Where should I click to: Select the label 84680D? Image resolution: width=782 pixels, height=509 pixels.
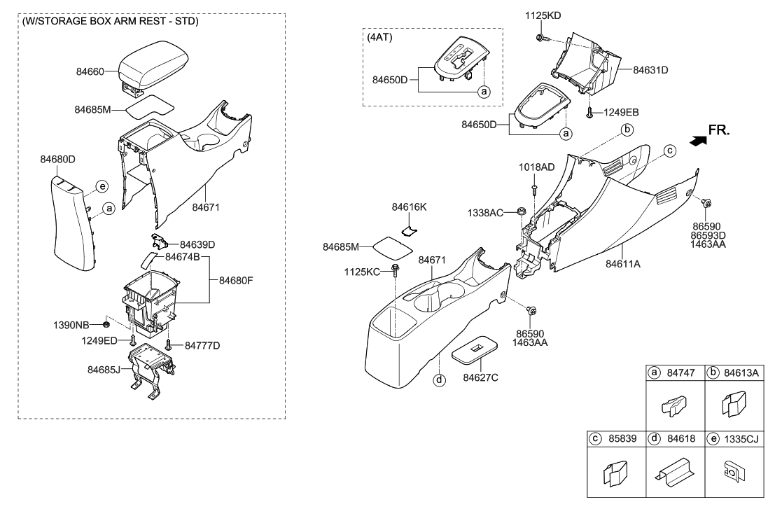pyautogui.click(x=57, y=160)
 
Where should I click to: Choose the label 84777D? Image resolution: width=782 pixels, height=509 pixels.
pyautogui.click(x=202, y=345)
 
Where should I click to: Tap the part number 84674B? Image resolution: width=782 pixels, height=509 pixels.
pyautogui.click(x=183, y=257)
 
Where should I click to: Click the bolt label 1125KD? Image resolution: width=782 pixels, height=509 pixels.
pyautogui.click(x=543, y=15)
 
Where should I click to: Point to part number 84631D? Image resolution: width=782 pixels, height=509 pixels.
pyautogui.click(x=650, y=70)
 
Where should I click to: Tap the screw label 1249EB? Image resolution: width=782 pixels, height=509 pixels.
pyautogui.click(x=620, y=112)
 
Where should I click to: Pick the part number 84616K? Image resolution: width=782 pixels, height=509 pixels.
pyautogui.click(x=410, y=207)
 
